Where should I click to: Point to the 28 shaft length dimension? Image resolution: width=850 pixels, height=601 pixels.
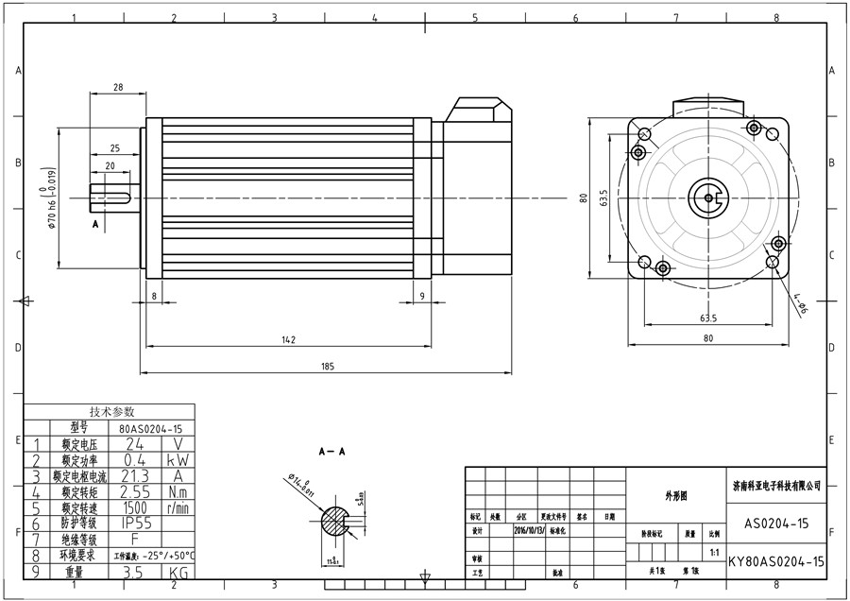[118, 87]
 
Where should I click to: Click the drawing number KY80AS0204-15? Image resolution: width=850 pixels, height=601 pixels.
[776, 561]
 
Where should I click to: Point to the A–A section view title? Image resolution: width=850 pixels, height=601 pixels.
[331, 453]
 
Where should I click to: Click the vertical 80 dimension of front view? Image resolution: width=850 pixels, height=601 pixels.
[584, 197]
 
